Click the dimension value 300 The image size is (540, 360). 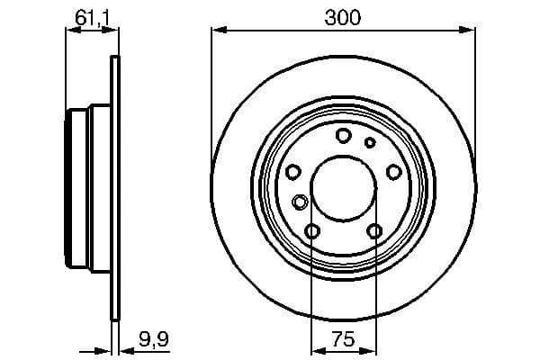[343, 17]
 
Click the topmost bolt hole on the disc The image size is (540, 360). [343, 135]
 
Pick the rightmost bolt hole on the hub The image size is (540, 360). [393, 172]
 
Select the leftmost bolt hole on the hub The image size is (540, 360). [292, 172]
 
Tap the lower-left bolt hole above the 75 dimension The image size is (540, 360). [311, 232]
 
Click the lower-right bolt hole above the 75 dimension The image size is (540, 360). [374, 232]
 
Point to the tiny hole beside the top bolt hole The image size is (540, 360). [369, 141]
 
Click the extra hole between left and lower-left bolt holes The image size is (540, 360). [300, 201]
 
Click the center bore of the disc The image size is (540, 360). [343, 189]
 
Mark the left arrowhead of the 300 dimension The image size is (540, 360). [217, 31]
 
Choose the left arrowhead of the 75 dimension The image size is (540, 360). [316, 349]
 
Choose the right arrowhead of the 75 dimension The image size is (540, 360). [370, 349]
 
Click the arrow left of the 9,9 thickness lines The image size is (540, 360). [101, 350]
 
